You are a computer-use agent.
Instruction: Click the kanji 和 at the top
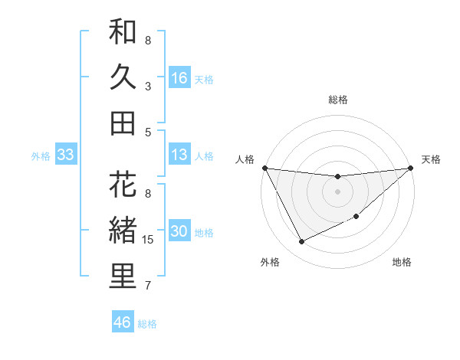point(123,32)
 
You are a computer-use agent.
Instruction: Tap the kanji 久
point(123,77)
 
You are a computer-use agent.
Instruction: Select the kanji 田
point(123,123)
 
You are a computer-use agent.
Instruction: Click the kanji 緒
point(123,231)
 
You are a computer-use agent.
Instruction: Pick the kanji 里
point(123,277)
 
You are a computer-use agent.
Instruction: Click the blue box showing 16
point(179,77)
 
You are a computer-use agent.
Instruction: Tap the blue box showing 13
point(179,155)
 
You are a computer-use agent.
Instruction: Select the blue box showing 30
point(179,232)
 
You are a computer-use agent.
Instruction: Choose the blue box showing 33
point(66,155)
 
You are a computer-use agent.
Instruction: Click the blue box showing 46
point(123,322)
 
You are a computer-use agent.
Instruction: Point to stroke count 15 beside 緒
point(149,240)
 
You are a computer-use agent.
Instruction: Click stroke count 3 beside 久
point(148,87)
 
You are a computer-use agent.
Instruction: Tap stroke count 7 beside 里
point(148,286)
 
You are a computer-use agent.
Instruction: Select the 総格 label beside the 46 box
point(147,324)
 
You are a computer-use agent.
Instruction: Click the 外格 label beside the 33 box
point(41,156)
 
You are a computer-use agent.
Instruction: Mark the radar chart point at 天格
point(411,168)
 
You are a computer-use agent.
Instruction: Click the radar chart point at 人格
point(264,168)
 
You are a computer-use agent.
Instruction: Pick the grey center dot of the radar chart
point(337,191)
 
